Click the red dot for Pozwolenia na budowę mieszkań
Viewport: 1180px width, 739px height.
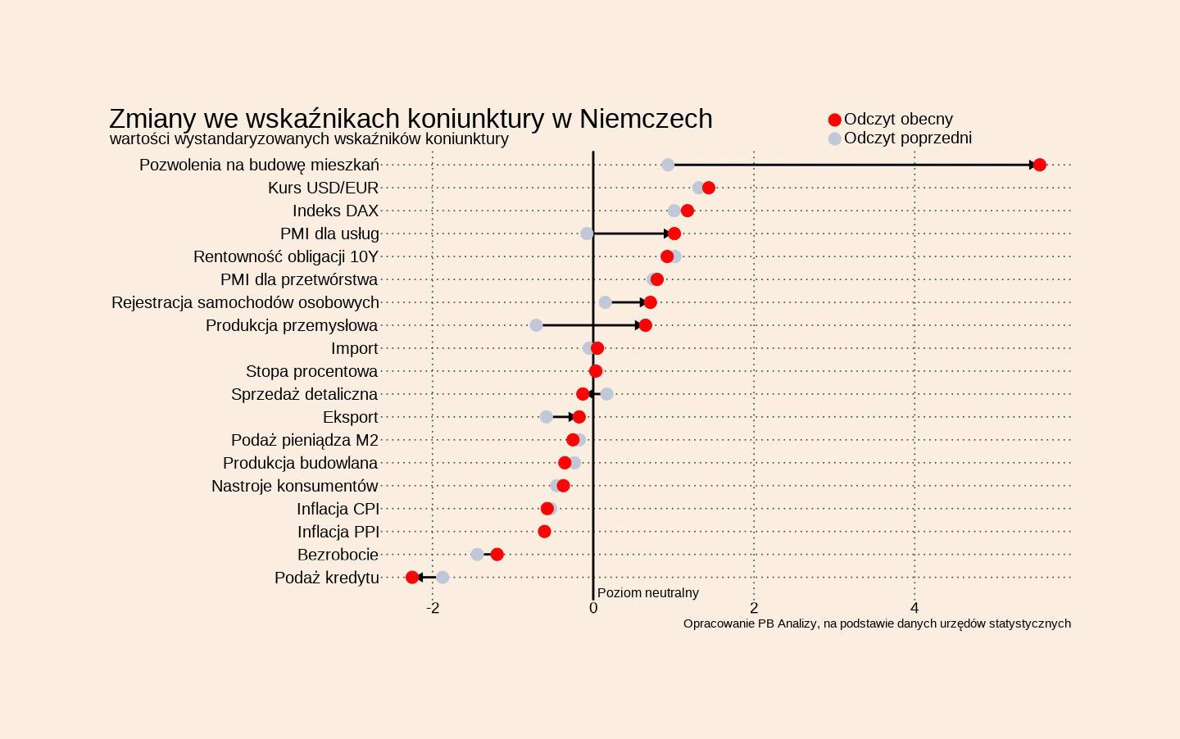(x=1039, y=165)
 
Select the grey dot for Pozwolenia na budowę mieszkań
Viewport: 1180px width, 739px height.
(x=668, y=165)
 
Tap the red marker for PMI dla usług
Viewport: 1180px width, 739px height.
(x=674, y=233)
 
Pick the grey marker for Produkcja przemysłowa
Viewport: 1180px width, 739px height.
(x=536, y=325)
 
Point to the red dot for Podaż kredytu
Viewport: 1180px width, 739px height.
(x=412, y=578)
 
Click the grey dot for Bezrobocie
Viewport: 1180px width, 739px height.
(x=477, y=555)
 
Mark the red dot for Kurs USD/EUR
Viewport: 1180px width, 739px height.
(x=709, y=188)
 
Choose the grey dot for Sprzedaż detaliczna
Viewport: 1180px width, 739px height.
(x=606, y=394)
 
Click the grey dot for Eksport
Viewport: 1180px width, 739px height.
(x=547, y=417)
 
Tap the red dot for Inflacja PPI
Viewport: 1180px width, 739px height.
(x=545, y=532)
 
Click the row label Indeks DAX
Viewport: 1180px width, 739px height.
(x=335, y=211)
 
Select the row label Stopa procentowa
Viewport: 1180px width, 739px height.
(x=311, y=371)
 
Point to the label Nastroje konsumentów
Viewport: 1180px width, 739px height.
(x=294, y=486)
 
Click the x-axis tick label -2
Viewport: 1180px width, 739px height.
(x=433, y=608)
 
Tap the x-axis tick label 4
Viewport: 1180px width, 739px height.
(x=914, y=608)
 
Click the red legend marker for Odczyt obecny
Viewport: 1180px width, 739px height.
(x=834, y=120)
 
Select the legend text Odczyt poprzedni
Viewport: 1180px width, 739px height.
(x=907, y=138)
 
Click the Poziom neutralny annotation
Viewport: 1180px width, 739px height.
(x=647, y=592)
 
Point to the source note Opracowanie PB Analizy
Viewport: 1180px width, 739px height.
(x=877, y=623)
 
